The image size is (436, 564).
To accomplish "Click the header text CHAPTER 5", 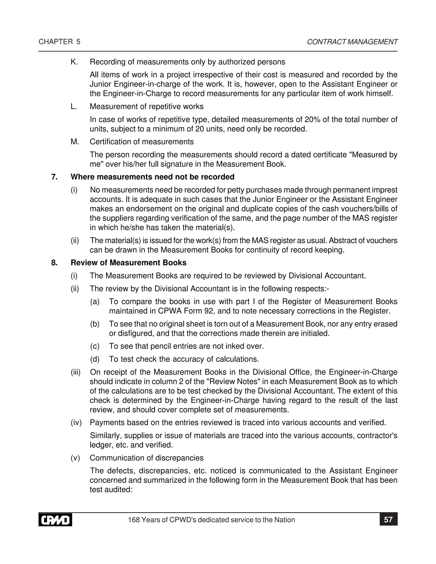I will click(x=59, y=42).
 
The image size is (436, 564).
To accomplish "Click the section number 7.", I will click(x=54, y=177).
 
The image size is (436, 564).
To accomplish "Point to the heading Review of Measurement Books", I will click(x=128, y=263).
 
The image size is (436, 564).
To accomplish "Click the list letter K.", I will click(x=74, y=62).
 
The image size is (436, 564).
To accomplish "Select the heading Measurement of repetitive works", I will click(x=146, y=106).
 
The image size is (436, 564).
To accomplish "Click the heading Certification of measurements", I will click(x=142, y=142).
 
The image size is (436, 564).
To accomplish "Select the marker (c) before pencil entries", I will click(x=95, y=346).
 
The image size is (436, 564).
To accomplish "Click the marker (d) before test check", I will click(x=95, y=359).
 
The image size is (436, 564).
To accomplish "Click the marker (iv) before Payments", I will click(x=76, y=422).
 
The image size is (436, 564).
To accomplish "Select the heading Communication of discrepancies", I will click(x=146, y=458).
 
